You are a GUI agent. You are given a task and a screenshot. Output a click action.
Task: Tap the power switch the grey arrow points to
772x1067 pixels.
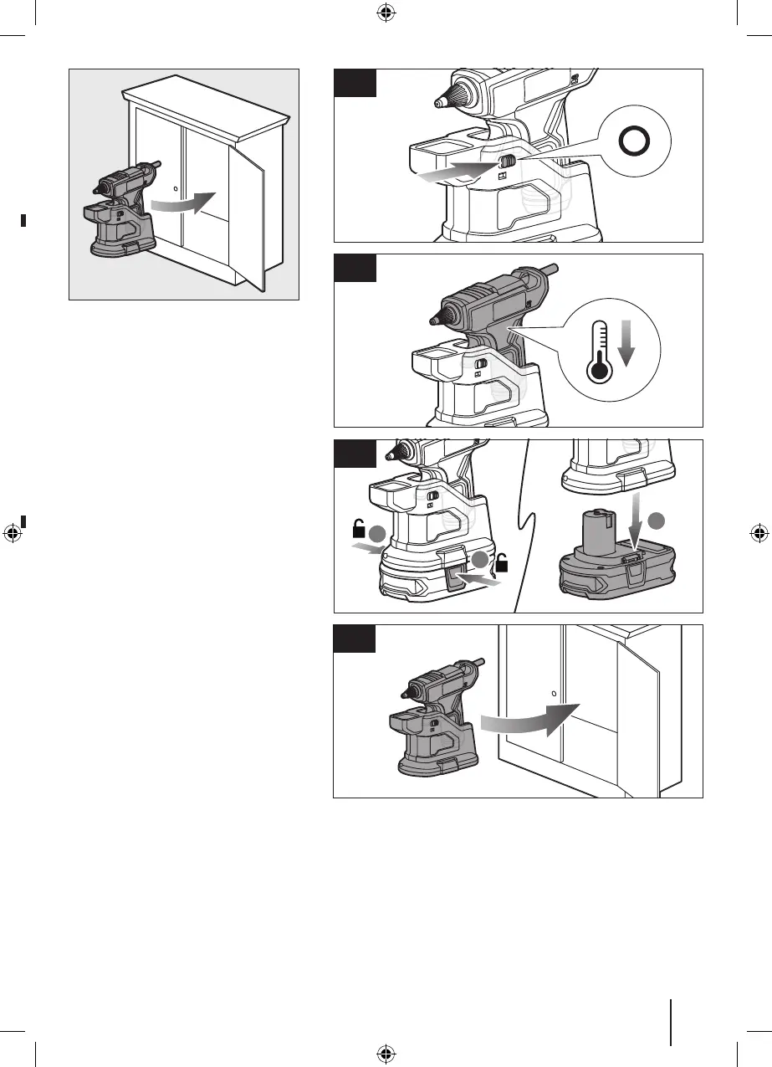505,163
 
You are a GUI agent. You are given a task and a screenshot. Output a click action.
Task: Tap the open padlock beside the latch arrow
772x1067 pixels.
504,565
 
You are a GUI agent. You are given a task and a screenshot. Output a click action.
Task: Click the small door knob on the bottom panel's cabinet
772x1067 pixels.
555,693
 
